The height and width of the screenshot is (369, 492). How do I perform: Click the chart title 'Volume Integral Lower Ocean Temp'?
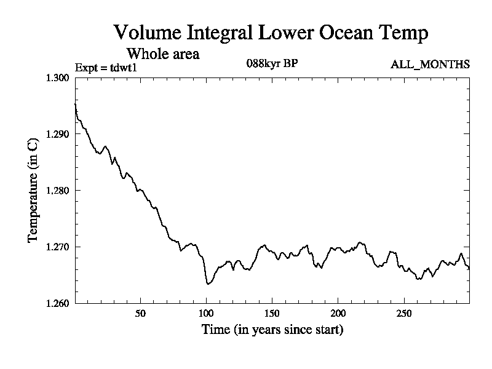click(271, 33)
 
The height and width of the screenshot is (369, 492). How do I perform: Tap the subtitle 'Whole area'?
click(162, 54)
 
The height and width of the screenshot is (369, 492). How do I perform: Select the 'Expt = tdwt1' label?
click(105, 66)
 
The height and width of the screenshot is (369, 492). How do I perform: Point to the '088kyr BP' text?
click(272, 63)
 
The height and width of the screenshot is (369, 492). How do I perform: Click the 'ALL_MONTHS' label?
click(430, 64)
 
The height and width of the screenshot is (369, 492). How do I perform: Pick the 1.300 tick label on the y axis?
click(58, 77)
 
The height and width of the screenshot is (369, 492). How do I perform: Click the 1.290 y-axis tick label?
click(58, 134)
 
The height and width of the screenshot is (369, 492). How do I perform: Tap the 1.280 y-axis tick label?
click(58, 190)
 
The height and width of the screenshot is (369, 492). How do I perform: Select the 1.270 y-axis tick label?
click(58, 247)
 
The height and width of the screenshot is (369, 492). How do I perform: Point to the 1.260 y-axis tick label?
click(58, 303)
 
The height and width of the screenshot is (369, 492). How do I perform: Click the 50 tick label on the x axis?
click(140, 314)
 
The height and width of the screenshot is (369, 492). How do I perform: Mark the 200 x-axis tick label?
click(338, 314)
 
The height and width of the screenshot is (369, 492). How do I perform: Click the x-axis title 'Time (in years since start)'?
click(272, 330)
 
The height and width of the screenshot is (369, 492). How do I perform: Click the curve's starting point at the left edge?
click(75, 104)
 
